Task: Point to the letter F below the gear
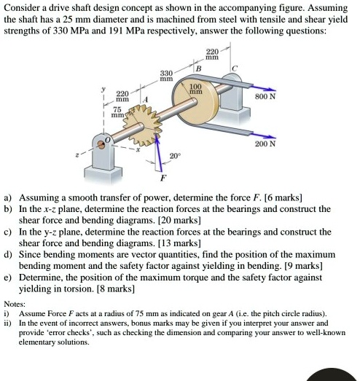163,177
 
